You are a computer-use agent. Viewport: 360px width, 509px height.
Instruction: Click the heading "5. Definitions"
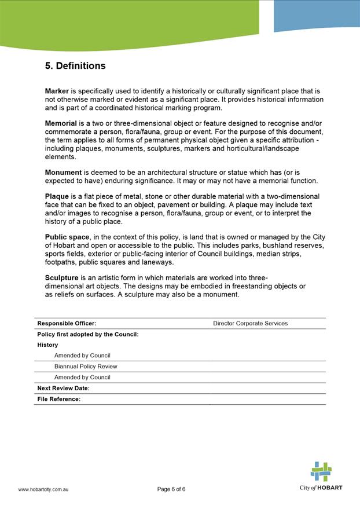pos(75,66)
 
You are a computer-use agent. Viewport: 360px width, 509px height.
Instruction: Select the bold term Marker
pos(57,91)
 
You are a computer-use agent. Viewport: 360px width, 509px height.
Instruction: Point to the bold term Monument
pos(63,173)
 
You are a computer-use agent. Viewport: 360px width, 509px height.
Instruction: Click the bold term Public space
pos(67,237)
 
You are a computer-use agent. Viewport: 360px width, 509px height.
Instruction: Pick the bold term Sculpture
pos(61,278)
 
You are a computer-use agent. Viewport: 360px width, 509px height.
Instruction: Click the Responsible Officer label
pos(67,323)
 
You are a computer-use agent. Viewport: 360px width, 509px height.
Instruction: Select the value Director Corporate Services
pos(250,323)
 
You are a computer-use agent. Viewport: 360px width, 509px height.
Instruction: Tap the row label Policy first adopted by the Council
pos(87,334)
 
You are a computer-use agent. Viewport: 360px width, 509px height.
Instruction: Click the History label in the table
pos(47,345)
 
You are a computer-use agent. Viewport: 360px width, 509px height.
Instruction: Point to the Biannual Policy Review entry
pos(86,367)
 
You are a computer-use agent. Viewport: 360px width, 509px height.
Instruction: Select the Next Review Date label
pos(63,388)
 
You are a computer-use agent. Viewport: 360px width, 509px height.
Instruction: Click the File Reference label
pos(58,399)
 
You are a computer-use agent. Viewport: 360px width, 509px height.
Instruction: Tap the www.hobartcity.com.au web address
pos(44,490)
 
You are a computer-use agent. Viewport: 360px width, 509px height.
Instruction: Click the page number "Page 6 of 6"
pos(171,489)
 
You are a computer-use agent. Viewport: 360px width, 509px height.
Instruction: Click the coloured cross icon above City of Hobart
pos(321,471)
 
